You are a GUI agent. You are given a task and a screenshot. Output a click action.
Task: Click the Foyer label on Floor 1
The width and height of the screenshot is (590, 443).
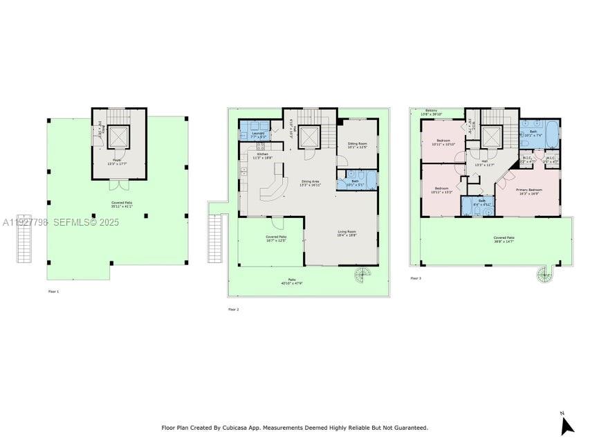[x=118, y=161]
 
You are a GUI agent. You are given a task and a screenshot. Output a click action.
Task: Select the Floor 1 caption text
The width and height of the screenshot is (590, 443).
[x=53, y=291]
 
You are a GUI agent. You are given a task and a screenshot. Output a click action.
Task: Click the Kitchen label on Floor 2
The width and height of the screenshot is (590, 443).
[x=263, y=156]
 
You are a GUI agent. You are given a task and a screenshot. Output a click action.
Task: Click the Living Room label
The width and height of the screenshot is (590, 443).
[x=347, y=234]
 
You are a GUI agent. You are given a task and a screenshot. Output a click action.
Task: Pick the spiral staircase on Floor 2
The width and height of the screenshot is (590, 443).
[x=363, y=278]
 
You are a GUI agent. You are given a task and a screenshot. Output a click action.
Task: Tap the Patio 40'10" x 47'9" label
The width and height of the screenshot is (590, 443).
[x=292, y=282]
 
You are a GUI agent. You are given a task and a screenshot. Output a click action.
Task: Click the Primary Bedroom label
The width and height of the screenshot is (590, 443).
[x=529, y=192]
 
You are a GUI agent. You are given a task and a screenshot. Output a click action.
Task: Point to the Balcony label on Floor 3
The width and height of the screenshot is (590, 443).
[x=432, y=111]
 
